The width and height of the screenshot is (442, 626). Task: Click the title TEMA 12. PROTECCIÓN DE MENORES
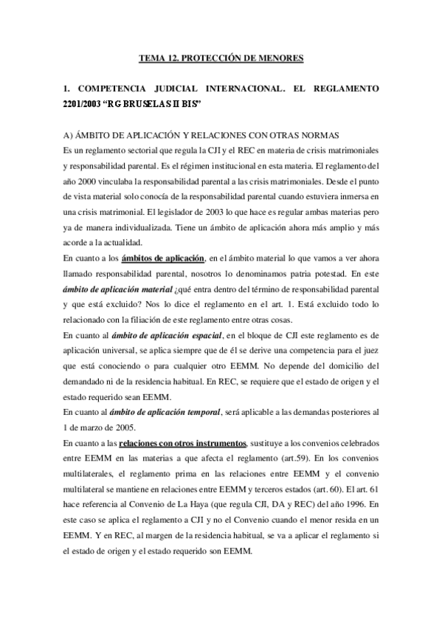coord(221,57)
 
